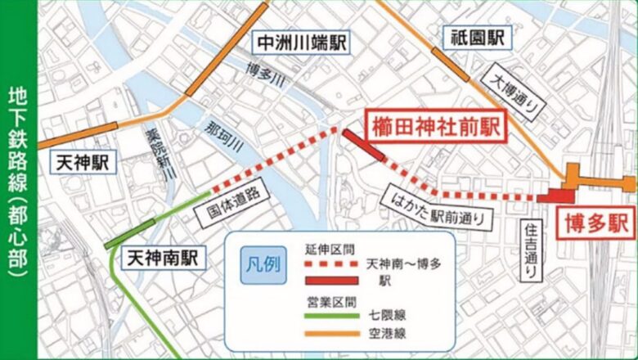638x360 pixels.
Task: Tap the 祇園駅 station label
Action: point(477,37)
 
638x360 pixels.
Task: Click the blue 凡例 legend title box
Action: point(263,266)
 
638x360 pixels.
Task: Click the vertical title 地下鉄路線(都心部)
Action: point(18,180)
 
